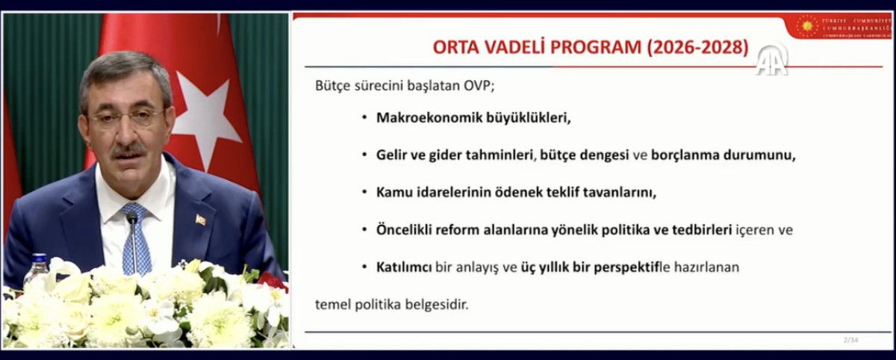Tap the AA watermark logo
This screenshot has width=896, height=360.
(771, 60)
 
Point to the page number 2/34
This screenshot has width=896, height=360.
(850, 341)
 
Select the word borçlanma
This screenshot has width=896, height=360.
(683, 155)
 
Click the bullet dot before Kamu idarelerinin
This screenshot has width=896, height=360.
(364, 193)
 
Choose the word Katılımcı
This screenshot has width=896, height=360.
(404, 267)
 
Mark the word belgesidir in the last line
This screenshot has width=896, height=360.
(441, 305)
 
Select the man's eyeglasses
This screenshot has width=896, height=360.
(125, 117)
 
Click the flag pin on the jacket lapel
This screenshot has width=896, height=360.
(200, 220)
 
